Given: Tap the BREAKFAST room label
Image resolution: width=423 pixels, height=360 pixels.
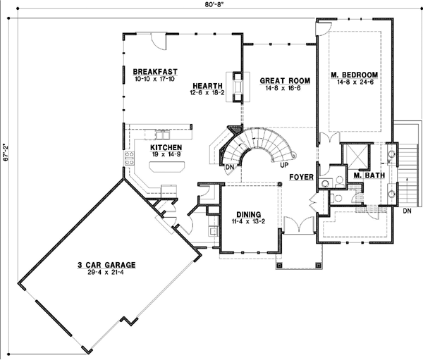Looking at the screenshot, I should [x=154, y=72].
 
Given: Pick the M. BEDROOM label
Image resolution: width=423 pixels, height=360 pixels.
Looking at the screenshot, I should [x=355, y=75].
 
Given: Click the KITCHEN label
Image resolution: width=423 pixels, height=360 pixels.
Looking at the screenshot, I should [x=166, y=148].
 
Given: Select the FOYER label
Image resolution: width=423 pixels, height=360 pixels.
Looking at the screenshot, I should [x=301, y=178].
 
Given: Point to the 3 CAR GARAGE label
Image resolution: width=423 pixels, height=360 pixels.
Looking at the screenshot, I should [x=107, y=265].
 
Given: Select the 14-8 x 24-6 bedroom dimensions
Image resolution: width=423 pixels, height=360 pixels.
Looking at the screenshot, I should [x=355, y=82].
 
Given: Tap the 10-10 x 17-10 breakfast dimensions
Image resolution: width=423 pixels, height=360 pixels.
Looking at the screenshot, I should [x=154, y=80].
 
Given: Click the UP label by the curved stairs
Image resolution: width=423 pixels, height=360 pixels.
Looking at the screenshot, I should [x=284, y=164].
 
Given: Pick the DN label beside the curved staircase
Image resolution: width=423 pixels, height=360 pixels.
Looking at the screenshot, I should [x=229, y=168].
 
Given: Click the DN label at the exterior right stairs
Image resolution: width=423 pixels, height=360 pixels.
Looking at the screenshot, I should [x=407, y=211].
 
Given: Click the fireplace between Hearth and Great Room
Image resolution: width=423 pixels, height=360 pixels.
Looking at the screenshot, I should [x=235, y=85].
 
